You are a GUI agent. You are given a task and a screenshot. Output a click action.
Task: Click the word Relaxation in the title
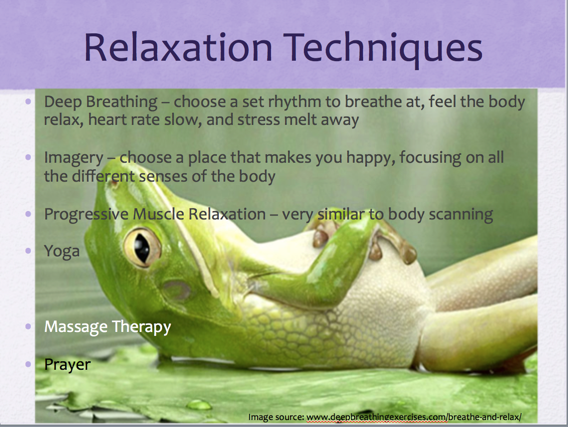click(x=178, y=47)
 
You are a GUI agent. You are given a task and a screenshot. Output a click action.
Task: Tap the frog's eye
click(x=142, y=247)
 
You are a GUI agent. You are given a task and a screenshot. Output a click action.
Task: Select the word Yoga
click(x=62, y=251)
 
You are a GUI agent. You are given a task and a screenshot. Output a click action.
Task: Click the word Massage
click(x=76, y=327)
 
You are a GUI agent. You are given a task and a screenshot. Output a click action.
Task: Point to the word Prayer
click(x=67, y=365)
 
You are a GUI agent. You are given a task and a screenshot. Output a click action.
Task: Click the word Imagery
click(x=74, y=158)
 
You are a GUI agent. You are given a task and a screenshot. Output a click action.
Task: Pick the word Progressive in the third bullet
click(x=86, y=214)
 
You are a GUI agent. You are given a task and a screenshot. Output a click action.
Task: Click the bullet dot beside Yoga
click(x=28, y=251)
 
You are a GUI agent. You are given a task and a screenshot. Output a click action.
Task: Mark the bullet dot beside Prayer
click(x=28, y=364)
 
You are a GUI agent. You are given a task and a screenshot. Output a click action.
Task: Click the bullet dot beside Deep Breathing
click(x=28, y=102)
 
